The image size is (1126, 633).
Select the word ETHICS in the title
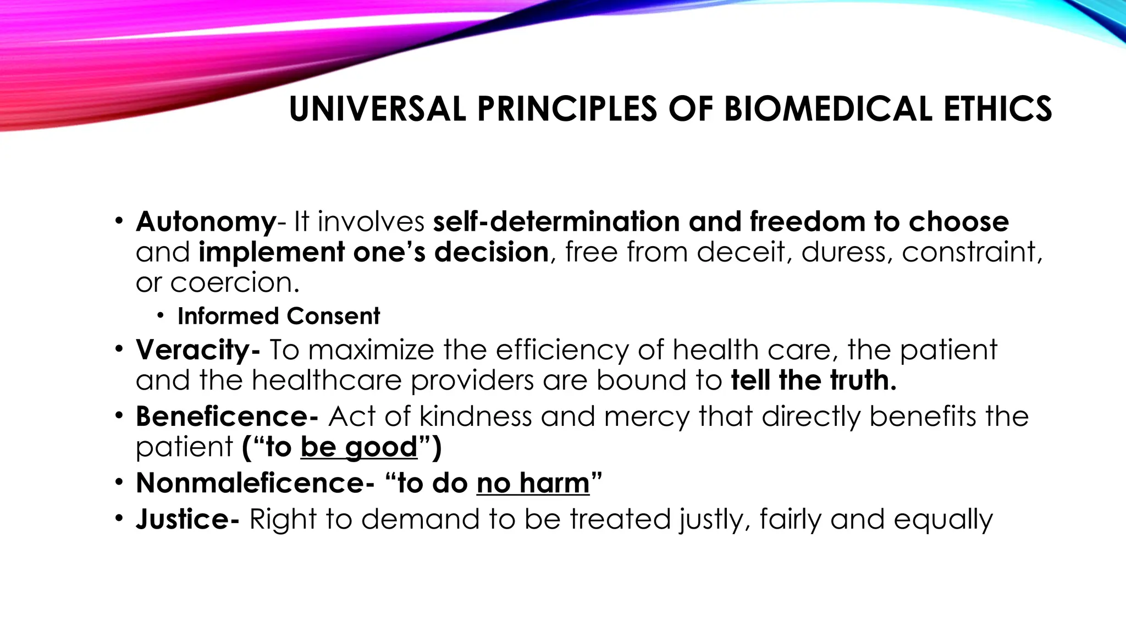(998, 109)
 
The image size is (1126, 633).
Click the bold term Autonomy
(206, 222)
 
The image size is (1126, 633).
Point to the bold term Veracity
(194, 350)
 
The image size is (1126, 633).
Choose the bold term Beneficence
(223, 416)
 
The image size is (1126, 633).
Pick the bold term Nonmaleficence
(250, 483)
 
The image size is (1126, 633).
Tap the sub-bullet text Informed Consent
(278, 316)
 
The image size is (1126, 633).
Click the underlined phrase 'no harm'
(533, 483)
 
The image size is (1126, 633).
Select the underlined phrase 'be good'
(359, 447)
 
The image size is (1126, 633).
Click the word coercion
(235, 283)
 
